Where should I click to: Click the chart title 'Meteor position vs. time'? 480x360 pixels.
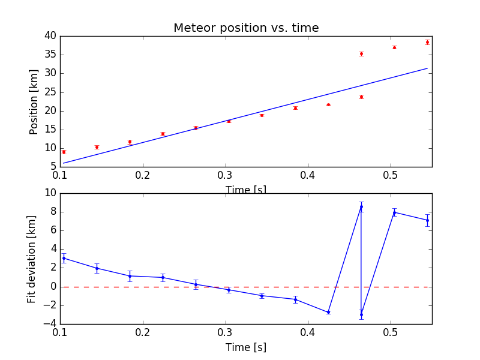click(x=246, y=28)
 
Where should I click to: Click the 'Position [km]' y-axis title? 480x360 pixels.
click(x=34, y=101)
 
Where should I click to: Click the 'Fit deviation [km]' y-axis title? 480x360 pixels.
click(x=32, y=259)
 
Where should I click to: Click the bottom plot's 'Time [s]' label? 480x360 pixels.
click(x=246, y=347)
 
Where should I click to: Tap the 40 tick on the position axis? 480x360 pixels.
click(x=50, y=36)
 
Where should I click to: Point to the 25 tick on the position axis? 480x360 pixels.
click(x=50, y=92)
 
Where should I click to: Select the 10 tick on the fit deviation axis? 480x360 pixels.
click(x=50, y=193)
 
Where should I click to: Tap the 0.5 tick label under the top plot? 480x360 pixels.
click(x=391, y=176)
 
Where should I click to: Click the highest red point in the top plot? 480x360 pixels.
click(x=427, y=42)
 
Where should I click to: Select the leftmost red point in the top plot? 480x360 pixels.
click(x=64, y=152)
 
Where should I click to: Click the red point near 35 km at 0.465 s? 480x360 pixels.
click(x=361, y=53)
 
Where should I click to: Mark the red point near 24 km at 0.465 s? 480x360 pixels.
click(x=361, y=97)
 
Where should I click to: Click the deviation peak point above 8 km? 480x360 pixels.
click(x=361, y=206)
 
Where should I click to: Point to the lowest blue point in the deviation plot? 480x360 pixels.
click(x=361, y=314)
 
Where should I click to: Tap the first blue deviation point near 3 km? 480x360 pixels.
click(x=64, y=258)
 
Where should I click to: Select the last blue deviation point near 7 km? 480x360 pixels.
click(x=427, y=220)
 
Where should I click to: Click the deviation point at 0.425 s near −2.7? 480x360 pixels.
click(x=328, y=312)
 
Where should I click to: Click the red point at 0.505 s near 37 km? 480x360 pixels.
click(x=394, y=47)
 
